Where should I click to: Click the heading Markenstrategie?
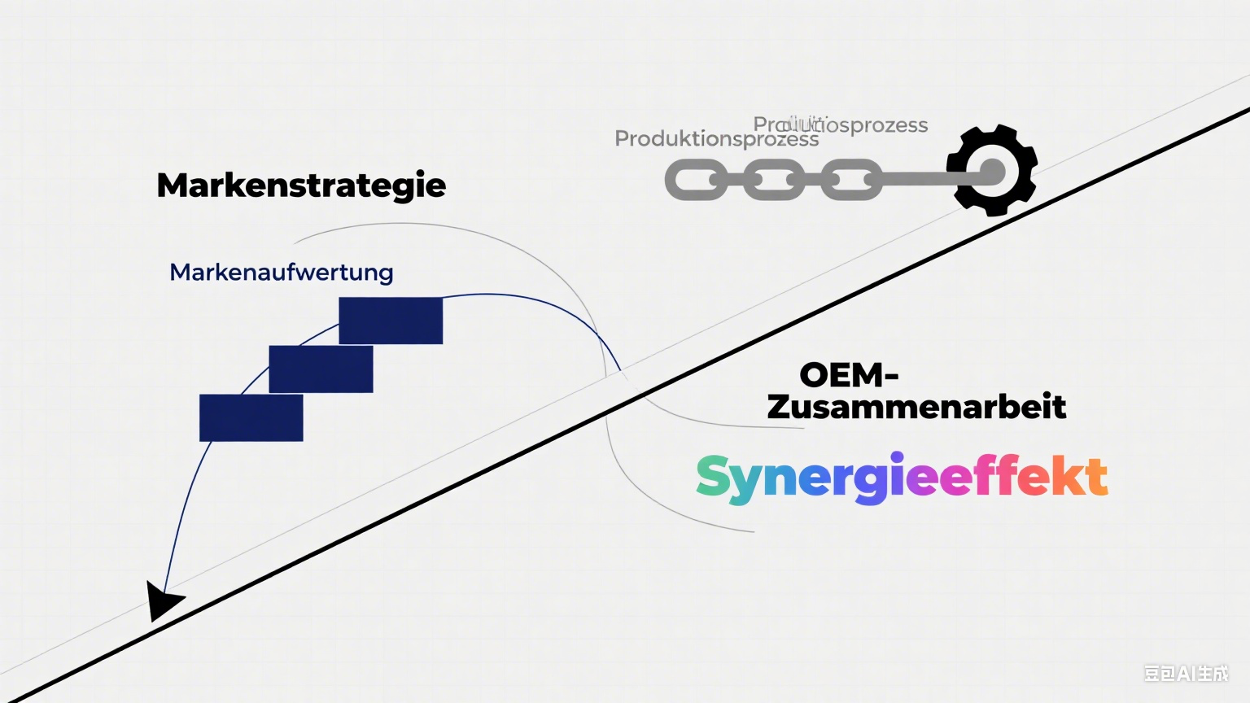[x=301, y=186]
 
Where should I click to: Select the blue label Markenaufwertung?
[x=281, y=272]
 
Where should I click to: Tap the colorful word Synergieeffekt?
[x=901, y=478]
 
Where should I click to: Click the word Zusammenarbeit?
[x=916, y=407]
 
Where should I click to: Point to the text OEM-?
[x=849, y=375]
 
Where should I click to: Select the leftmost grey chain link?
[x=696, y=180]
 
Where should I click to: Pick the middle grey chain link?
[x=774, y=180]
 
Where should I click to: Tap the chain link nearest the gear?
[x=851, y=180]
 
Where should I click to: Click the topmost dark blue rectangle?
[x=391, y=321]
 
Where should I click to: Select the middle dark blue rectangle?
[x=321, y=369]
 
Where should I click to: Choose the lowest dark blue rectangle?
[x=251, y=418]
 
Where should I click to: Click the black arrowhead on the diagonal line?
[x=163, y=601]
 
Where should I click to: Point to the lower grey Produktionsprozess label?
[x=716, y=139]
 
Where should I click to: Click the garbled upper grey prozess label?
[x=841, y=124]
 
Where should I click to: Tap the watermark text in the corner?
[x=1186, y=673]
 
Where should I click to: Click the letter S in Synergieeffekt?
[x=714, y=477]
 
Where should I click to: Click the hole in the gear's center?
[x=991, y=172]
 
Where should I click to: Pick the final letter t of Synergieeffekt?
[x=1096, y=478]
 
